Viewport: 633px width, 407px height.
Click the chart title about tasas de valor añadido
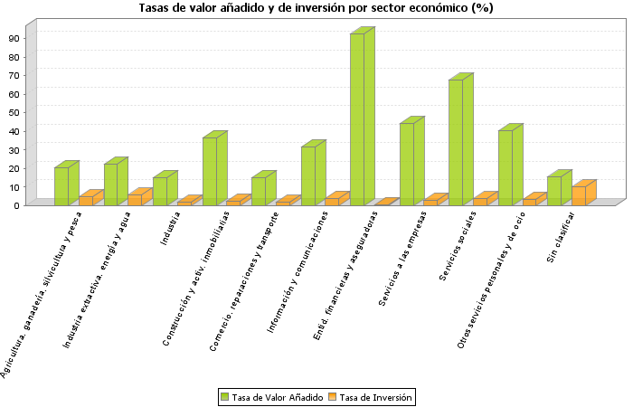pos(316,8)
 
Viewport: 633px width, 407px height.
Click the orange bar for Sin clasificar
pos(579,195)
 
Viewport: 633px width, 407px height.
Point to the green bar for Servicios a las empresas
pos(407,164)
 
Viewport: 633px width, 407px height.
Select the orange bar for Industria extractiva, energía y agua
pos(135,199)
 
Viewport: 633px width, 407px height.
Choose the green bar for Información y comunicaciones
pos(308,175)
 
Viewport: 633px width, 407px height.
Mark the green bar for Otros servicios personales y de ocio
pos(505,167)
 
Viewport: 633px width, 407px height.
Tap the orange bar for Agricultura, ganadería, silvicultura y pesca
pos(86,200)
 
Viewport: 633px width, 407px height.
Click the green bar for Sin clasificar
pos(554,191)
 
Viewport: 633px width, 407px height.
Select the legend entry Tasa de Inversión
pos(369,396)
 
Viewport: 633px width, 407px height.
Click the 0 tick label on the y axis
pos(16,205)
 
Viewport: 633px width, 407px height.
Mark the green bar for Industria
pos(160,191)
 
